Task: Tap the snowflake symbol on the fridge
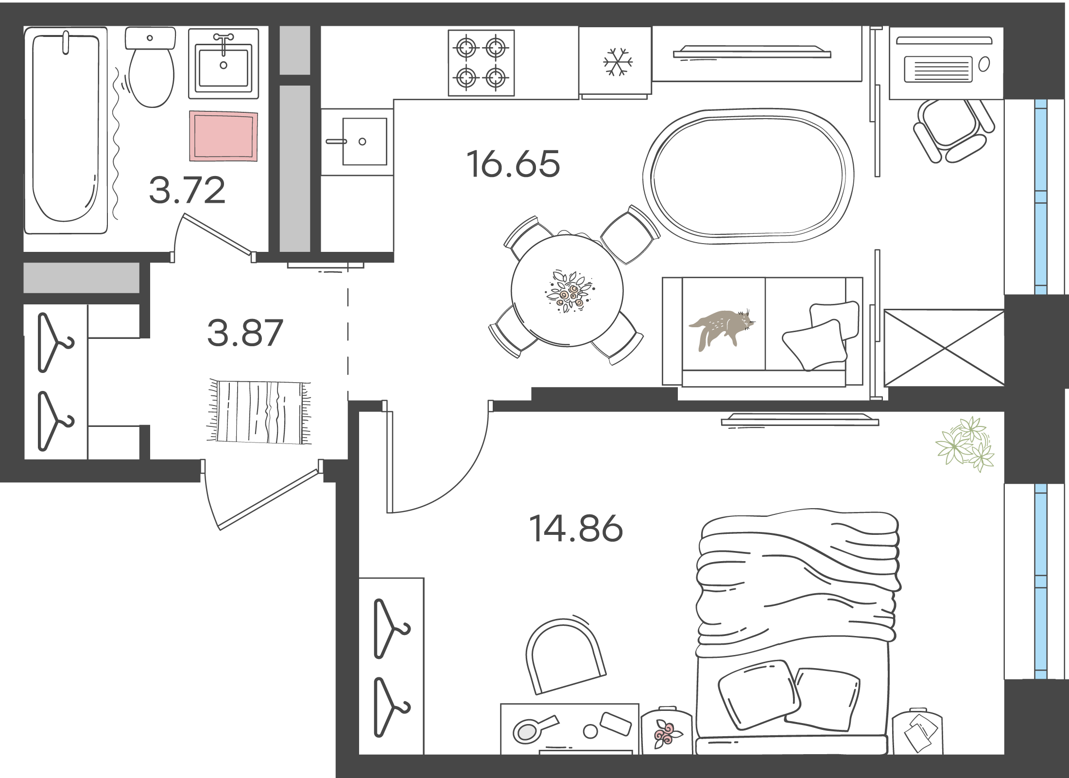point(618,62)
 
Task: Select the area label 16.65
point(513,164)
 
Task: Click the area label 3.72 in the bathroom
point(187,190)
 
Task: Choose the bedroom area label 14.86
point(576,529)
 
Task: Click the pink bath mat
point(224,136)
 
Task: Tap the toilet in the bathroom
point(151,67)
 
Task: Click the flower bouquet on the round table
point(568,291)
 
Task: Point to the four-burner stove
point(481,63)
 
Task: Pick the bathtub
point(66,130)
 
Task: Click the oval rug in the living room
point(748,176)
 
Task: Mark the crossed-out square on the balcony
point(944,348)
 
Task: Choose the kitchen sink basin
point(364,141)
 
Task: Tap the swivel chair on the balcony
point(953,130)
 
